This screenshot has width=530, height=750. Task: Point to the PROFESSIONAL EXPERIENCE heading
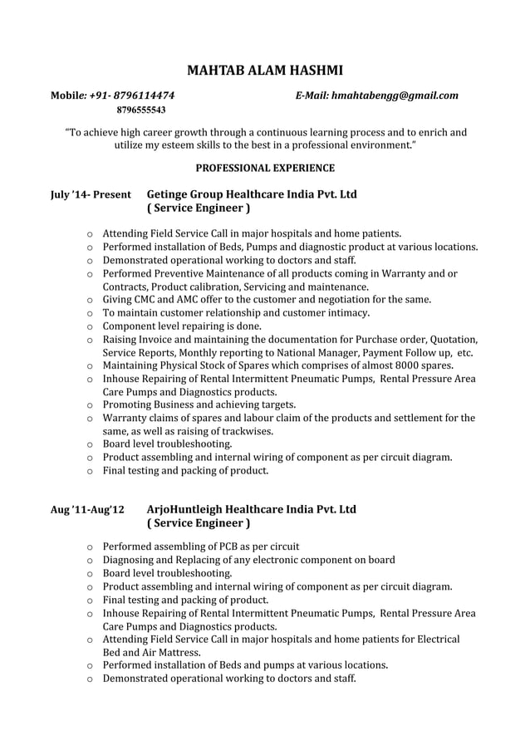(x=265, y=168)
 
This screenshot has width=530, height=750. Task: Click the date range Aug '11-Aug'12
(x=87, y=509)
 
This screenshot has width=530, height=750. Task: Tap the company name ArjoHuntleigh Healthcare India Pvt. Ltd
(x=251, y=508)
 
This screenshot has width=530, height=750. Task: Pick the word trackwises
(x=246, y=431)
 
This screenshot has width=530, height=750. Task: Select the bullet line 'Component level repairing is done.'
(x=182, y=326)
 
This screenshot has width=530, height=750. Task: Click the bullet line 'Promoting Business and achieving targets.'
(x=199, y=404)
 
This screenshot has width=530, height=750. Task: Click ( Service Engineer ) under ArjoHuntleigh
(x=198, y=524)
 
